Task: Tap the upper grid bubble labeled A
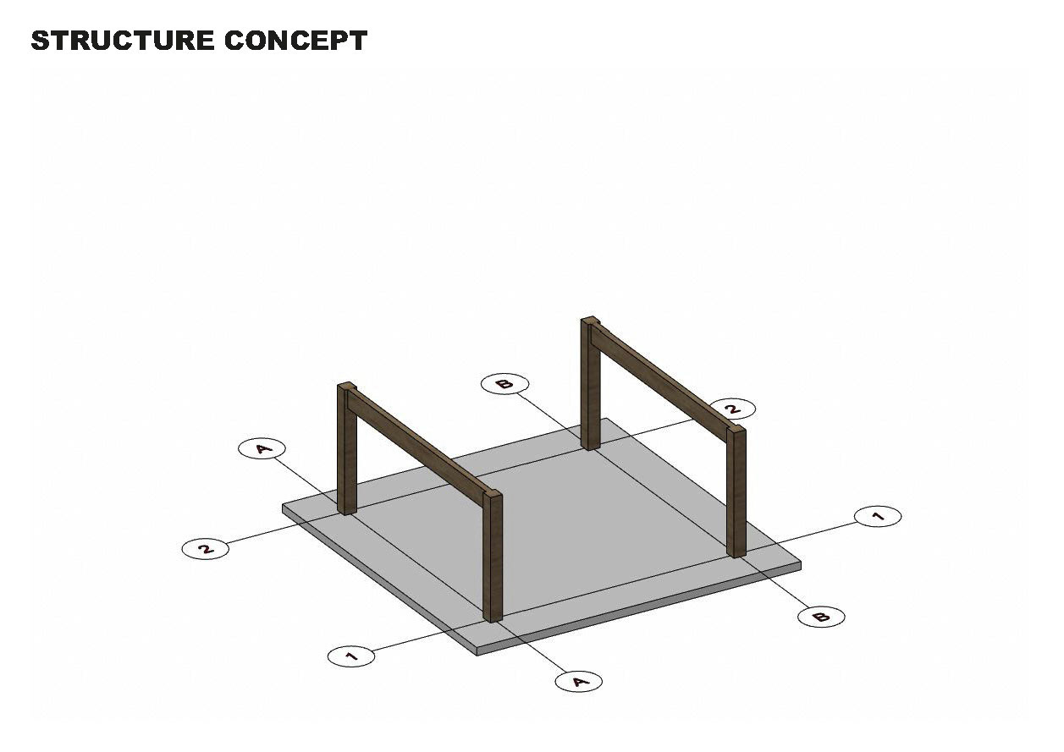[x=262, y=448]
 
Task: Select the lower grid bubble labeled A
[x=579, y=681]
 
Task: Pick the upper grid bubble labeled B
[x=504, y=384]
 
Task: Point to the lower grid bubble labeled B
[x=821, y=617]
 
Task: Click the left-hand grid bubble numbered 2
[x=205, y=548]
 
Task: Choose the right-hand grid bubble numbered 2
[x=733, y=409]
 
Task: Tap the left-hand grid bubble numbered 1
[x=350, y=656]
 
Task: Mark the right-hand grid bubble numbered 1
[x=878, y=516]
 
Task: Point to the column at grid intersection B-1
[x=737, y=495]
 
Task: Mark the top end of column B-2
[x=591, y=321]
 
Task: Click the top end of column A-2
[x=346, y=386]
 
